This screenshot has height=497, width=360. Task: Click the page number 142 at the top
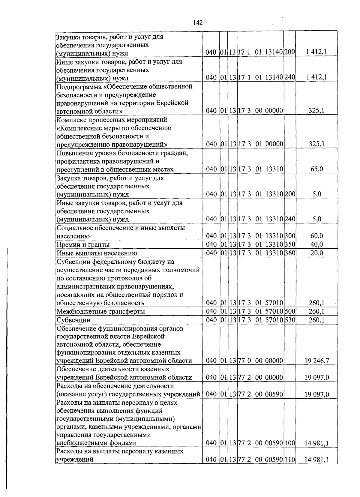click(x=198, y=23)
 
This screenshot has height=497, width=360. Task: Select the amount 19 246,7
click(x=316, y=361)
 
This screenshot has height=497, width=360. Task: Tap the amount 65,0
click(x=316, y=169)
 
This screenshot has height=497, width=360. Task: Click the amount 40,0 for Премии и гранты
click(x=316, y=244)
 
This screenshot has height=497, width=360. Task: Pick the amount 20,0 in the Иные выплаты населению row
click(x=316, y=253)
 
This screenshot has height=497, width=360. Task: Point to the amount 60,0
click(x=316, y=236)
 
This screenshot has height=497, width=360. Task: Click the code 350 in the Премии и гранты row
click(x=290, y=244)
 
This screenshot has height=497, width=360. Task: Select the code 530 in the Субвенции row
click(x=290, y=320)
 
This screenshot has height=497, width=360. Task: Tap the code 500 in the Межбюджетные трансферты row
click(x=290, y=311)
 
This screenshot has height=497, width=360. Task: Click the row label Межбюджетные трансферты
click(x=101, y=311)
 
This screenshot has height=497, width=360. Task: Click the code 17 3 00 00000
click(x=260, y=111)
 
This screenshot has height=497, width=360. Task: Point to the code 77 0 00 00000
click(x=260, y=361)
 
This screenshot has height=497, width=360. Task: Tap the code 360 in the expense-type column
click(x=290, y=253)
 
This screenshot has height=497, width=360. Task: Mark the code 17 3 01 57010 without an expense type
click(x=260, y=303)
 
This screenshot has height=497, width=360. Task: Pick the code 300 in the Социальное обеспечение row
click(x=290, y=236)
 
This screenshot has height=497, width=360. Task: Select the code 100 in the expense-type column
click(x=290, y=443)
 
